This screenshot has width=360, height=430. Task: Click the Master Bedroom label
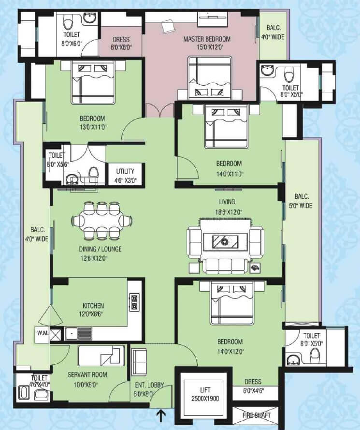coord(207,39)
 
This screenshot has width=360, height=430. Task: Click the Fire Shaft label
coord(256,415)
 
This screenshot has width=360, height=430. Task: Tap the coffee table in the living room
coord(226,240)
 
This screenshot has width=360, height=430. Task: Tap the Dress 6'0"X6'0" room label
coord(120,44)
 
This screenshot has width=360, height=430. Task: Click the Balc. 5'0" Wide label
coord(302,201)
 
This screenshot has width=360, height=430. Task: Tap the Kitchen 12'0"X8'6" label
coord(93,310)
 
